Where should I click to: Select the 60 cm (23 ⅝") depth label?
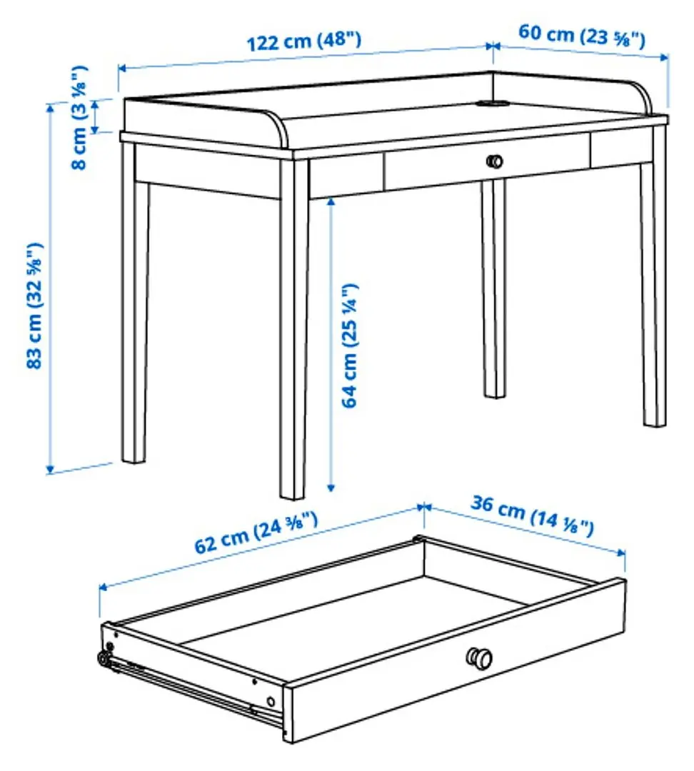click(581, 35)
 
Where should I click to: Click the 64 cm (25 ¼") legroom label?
click(351, 346)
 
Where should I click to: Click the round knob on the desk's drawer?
click(494, 161)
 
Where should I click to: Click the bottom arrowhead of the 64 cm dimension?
click(331, 487)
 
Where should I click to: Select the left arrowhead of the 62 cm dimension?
click(103, 587)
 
